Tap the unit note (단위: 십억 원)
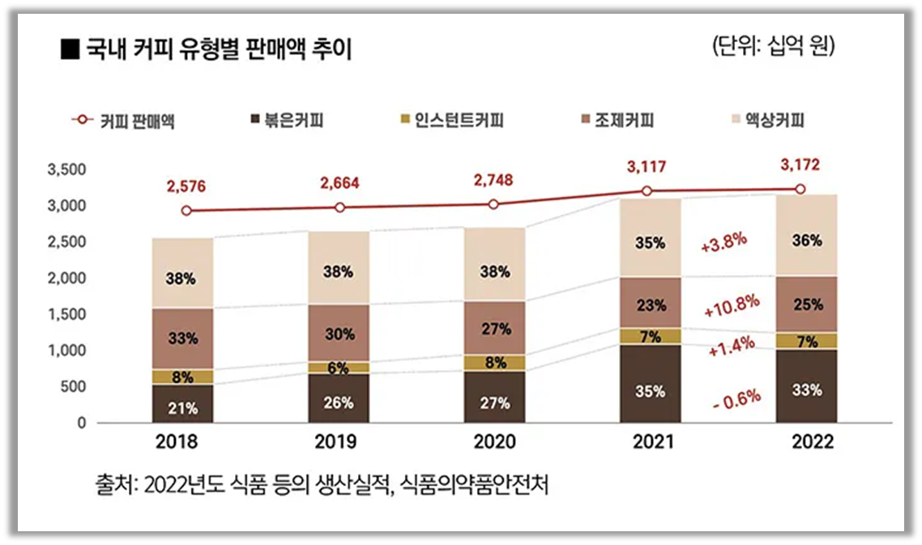[x=773, y=45]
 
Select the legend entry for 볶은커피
[x=288, y=121]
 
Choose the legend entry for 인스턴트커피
[x=450, y=121]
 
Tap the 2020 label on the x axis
[x=496, y=444]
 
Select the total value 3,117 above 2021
[x=647, y=168]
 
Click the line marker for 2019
[x=339, y=208]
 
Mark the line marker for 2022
[x=800, y=189]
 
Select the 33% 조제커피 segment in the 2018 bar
[x=183, y=338]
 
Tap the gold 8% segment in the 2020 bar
[x=496, y=363]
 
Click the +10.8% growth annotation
[x=731, y=306]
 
